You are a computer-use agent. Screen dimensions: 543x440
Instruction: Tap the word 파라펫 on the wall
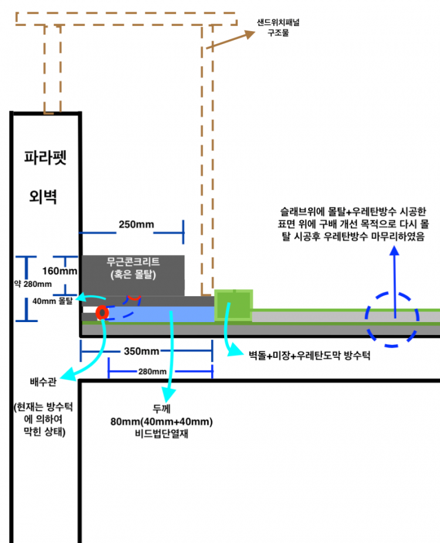[x=46, y=157]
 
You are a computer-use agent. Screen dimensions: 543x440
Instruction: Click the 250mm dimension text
[x=136, y=224]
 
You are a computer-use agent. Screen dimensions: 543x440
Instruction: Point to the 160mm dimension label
[x=60, y=271]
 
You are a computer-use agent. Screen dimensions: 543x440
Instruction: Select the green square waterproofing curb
[x=233, y=305]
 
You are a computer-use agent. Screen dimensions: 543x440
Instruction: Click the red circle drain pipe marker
[x=101, y=313]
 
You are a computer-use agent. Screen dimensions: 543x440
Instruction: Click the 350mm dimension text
[x=143, y=351]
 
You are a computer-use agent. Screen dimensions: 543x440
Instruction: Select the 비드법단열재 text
[x=161, y=434]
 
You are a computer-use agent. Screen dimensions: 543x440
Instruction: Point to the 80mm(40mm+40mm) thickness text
[x=161, y=421]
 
